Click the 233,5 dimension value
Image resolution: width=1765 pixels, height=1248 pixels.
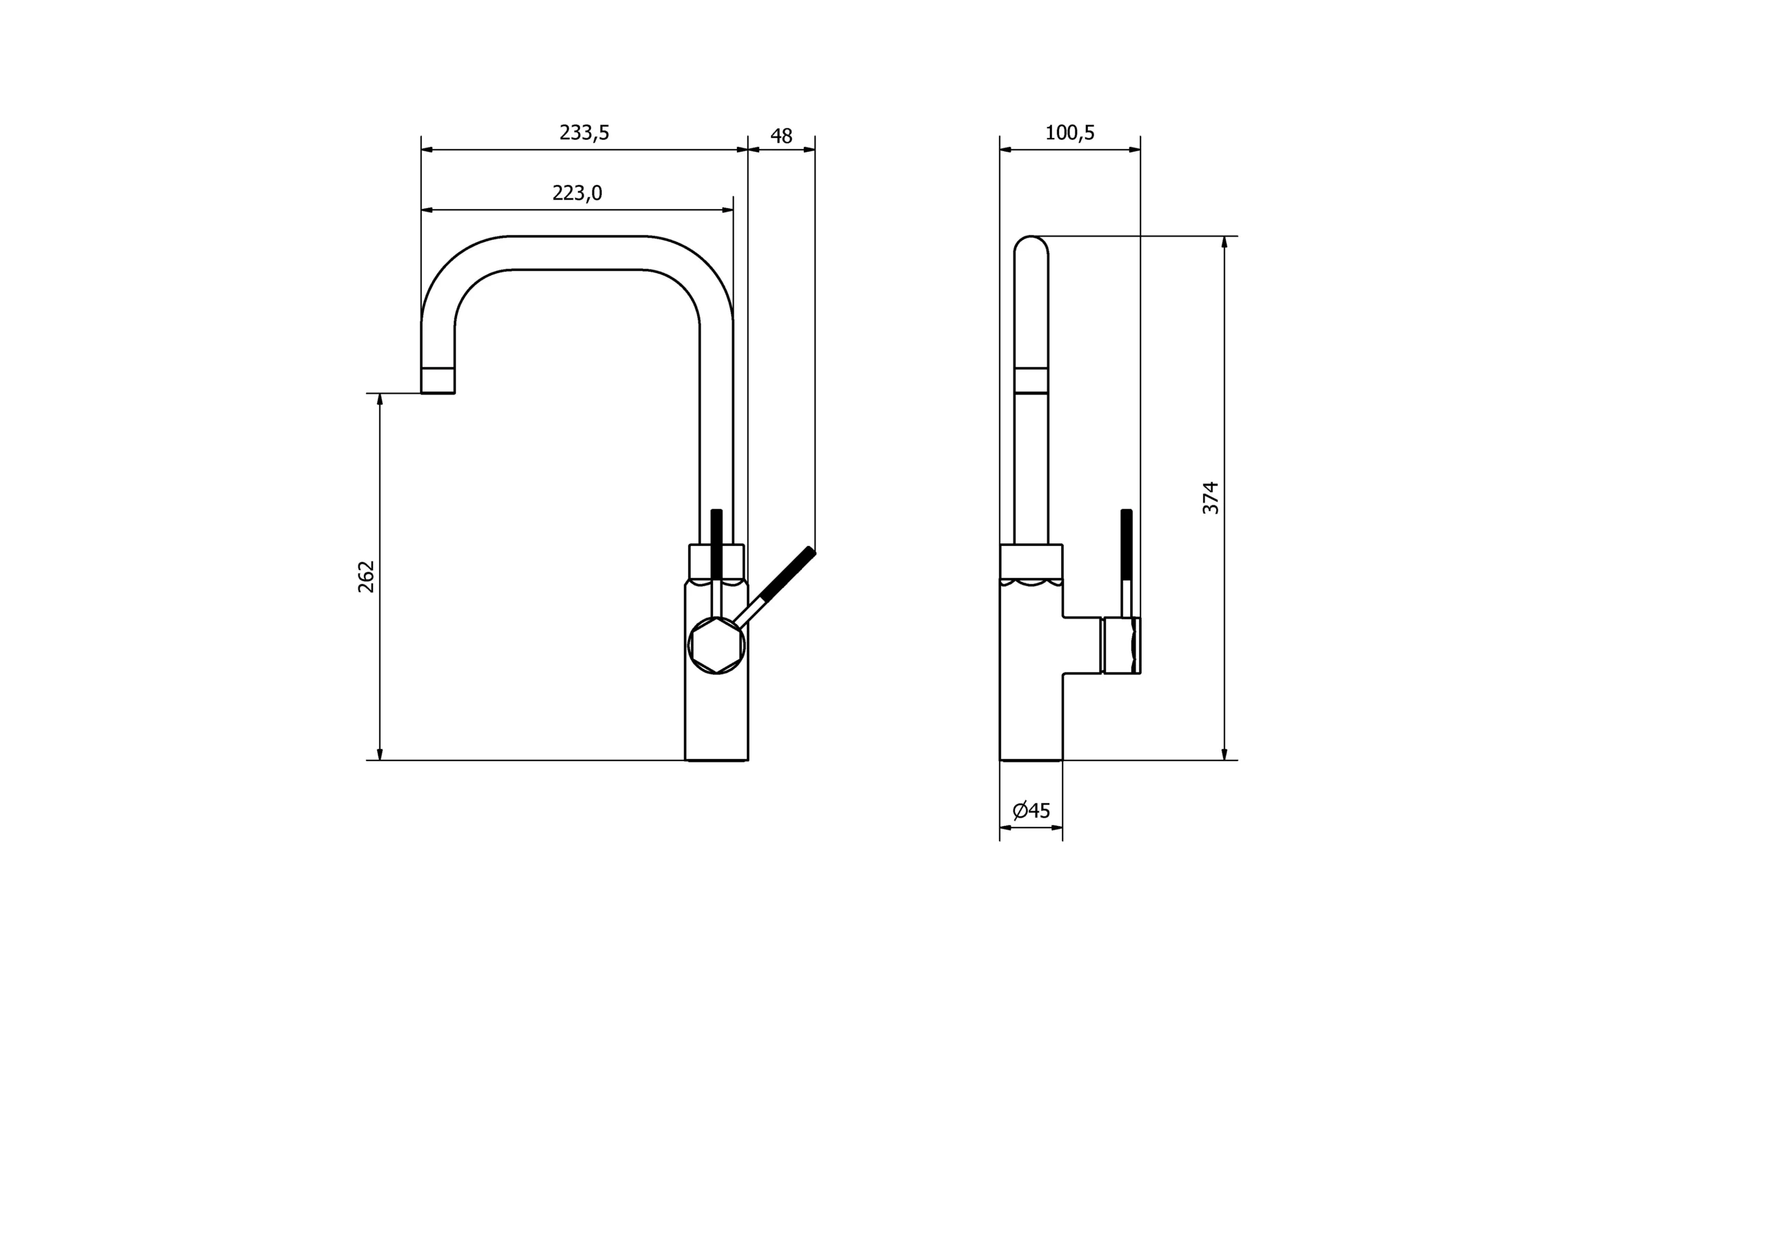tap(584, 133)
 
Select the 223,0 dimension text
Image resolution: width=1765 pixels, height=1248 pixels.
tap(576, 193)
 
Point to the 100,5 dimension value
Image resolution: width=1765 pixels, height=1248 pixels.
tap(1069, 133)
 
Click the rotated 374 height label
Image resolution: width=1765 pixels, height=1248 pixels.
tap(1211, 498)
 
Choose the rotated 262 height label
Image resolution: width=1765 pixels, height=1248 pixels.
tap(367, 576)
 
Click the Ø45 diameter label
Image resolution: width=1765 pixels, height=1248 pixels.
tap(1031, 810)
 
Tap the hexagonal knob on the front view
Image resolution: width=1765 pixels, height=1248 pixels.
tap(716, 646)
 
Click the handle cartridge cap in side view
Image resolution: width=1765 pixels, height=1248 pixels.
tap(1122, 646)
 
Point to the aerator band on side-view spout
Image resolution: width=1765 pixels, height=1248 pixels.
tap(1031, 381)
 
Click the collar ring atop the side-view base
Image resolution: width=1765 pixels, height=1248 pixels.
tap(1031, 561)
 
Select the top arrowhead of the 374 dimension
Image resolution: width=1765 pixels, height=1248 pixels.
tap(1224, 242)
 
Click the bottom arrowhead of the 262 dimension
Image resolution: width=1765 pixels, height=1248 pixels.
tap(380, 754)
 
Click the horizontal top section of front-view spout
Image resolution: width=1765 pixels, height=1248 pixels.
tap(576, 253)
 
